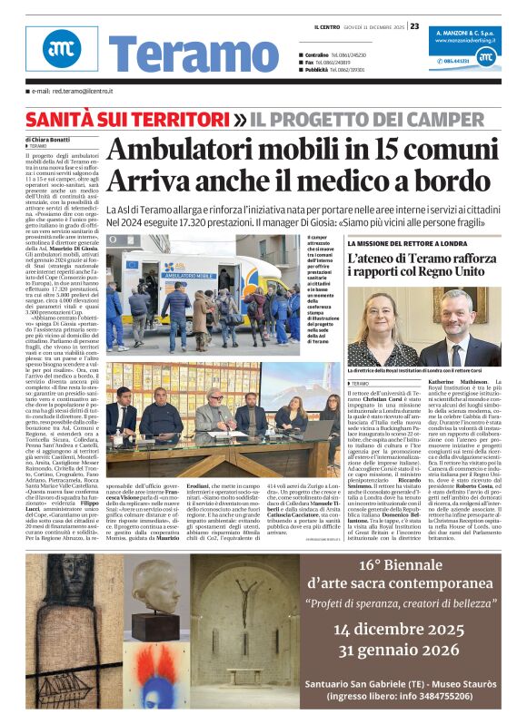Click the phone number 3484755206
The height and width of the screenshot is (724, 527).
(x=444, y=695)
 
